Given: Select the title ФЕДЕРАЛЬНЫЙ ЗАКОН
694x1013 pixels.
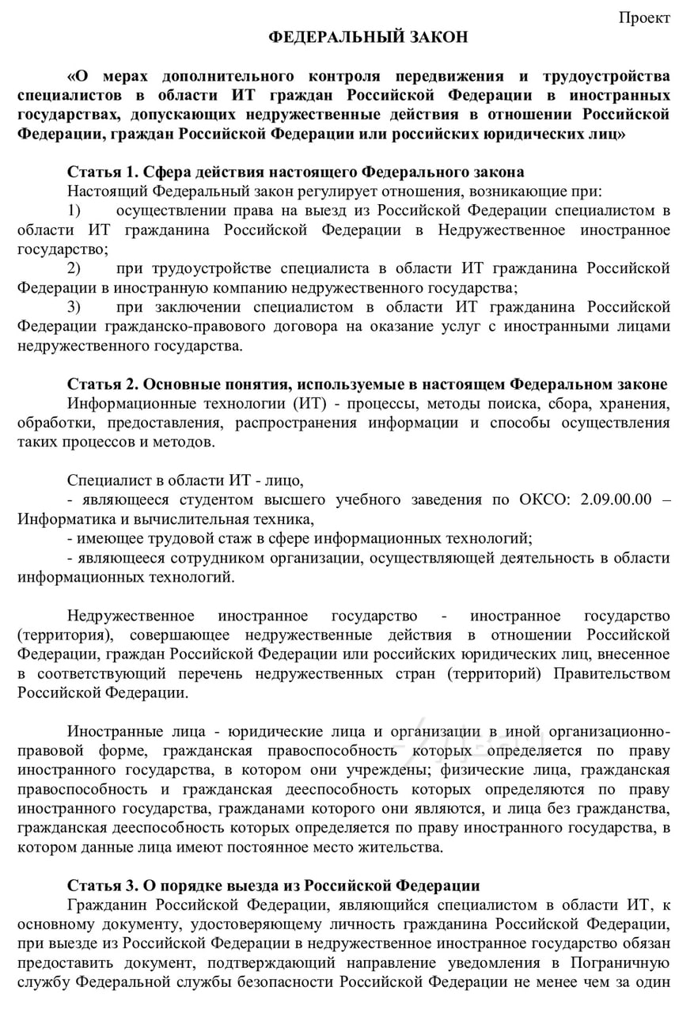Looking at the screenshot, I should point(368,37).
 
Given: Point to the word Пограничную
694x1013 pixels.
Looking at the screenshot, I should point(624,963).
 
